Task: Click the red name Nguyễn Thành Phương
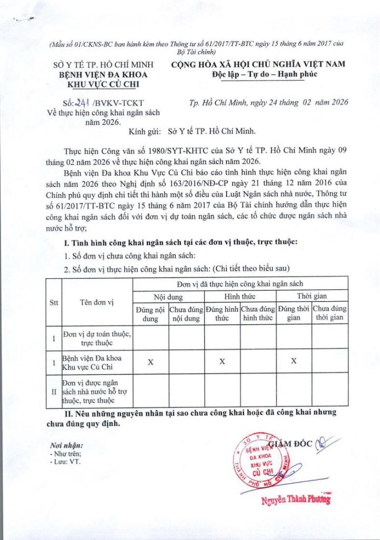pos(296,499)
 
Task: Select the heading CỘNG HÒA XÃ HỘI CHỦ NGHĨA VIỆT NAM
pos(258,64)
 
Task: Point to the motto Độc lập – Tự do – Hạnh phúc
pos(258,74)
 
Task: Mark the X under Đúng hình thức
pos(222,361)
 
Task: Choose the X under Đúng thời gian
pos(294,361)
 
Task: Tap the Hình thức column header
pos(240,296)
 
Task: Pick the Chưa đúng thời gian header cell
pos(329,313)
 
